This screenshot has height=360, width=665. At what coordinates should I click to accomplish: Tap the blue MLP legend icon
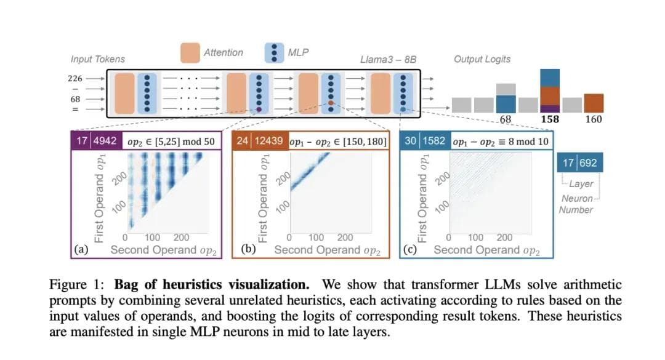click(x=273, y=52)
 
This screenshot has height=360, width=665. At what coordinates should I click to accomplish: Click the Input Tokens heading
click(x=98, y=59)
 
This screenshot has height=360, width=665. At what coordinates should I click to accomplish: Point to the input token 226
click(x=75, y=78)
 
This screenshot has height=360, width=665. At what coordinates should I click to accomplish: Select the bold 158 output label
click(x=550, y=119)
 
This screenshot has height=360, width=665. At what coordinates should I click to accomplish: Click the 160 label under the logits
click(x=594, y=119)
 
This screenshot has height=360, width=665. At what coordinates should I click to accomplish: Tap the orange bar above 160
click(x=594, y=103)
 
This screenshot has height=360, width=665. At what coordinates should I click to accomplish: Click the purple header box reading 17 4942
click(x=96, y=141)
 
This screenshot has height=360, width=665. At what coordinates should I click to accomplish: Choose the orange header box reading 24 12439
click(x=259, y=141)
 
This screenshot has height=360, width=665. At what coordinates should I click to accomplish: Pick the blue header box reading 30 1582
click(x=424, y=141)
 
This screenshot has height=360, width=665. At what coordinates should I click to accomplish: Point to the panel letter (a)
click(x=80, y=249)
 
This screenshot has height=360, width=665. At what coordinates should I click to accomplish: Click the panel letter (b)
click(x=248, y=249)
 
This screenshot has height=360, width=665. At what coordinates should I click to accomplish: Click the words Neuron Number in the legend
click(x=576, y=204)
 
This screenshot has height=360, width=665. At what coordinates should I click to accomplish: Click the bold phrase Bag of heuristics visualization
click(x=221, y=285)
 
